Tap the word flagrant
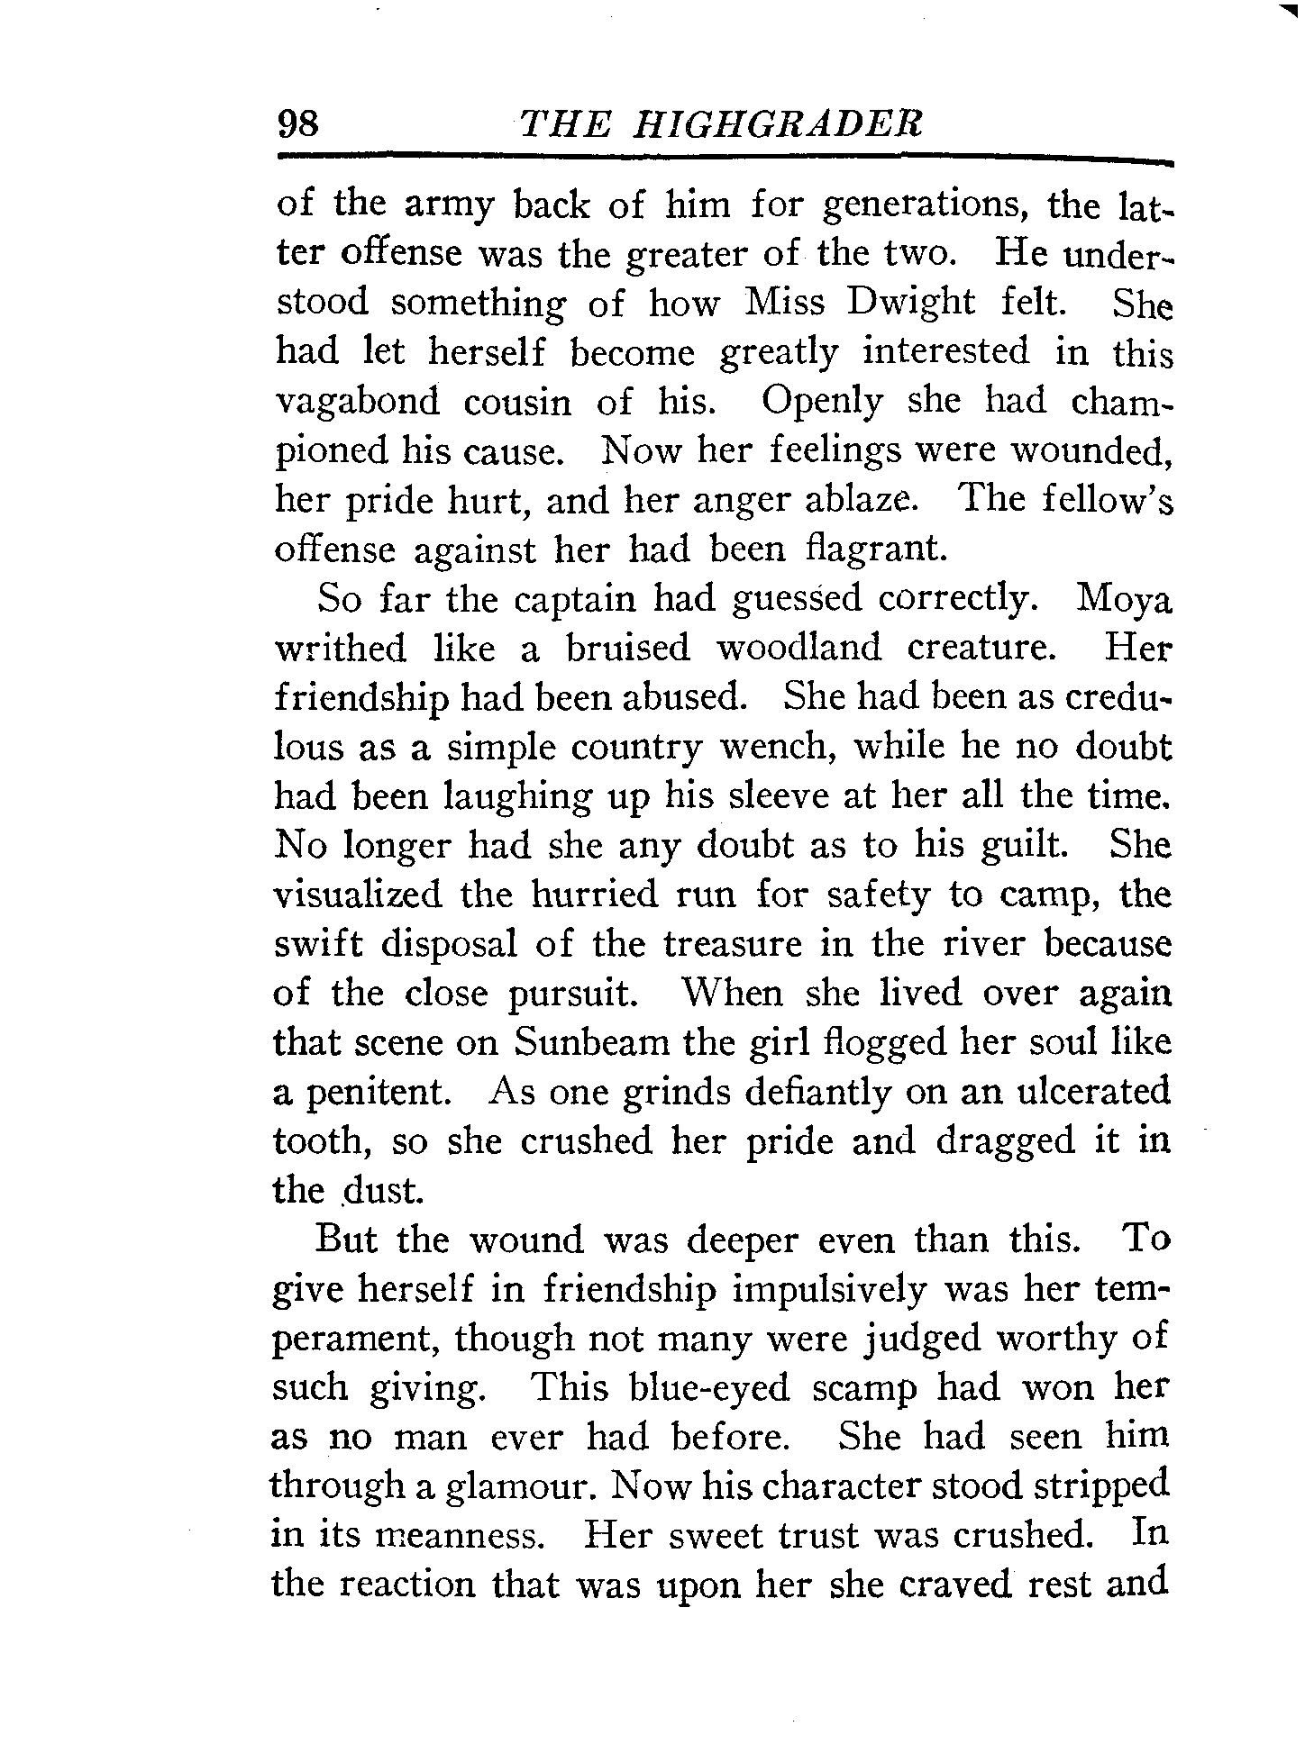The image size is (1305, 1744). [x=875, y=550]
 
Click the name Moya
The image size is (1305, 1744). [x=1125, y=599]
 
